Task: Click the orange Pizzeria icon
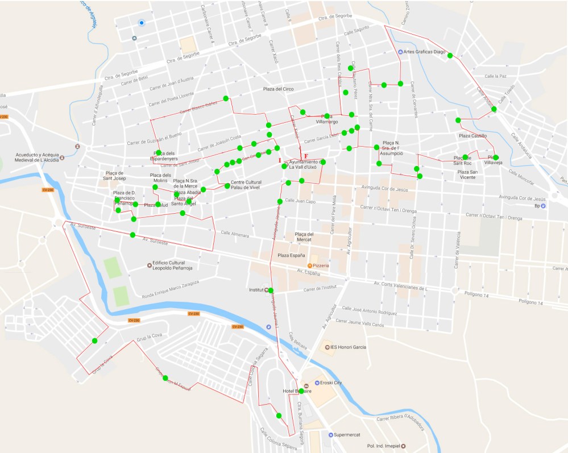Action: tap(310, 265)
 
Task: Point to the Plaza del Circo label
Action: tap(278, 89)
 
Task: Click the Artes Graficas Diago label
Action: tap(424, 52)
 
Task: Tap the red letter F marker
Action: tap(306, 156)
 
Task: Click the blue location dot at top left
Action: tap(142, 23)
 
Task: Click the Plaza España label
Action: tap(291, 256)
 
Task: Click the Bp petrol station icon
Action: tap(543, 206)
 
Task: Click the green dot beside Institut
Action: tap(271, 290)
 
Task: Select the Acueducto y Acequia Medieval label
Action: tap(38, 157)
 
